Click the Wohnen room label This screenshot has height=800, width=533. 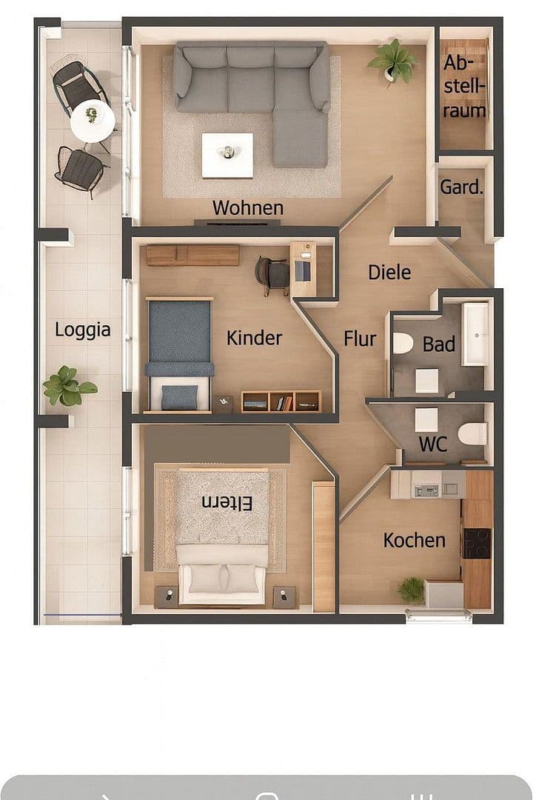[x=247, y=208]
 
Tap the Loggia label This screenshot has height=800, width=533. [x=82, y=330]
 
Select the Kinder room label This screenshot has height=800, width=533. [x=254, y=339]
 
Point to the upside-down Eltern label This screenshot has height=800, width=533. [x=227, y=503]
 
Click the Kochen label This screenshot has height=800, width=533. [x=414, y=541]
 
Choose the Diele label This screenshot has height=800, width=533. [x=389, y=273]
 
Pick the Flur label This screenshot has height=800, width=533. [x=360, y=339]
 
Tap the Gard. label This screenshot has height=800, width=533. [x=460, y=187]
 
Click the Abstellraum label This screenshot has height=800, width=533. [x=465, y=87]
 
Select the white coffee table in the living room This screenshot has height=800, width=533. [x=227, y=155]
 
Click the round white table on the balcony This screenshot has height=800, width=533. [x=93, y=120]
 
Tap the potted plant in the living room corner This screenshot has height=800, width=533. [x=393, y=61]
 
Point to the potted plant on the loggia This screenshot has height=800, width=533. [x=68, y=386]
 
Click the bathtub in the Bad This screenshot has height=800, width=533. [x=475, y=334]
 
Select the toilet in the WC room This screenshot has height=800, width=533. [x=472, y=433]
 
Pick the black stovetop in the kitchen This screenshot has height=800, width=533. [x=477, y=543]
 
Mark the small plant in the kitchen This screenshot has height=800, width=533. [x=411, y=590]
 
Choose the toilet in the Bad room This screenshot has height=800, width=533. [x=403, y=343]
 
